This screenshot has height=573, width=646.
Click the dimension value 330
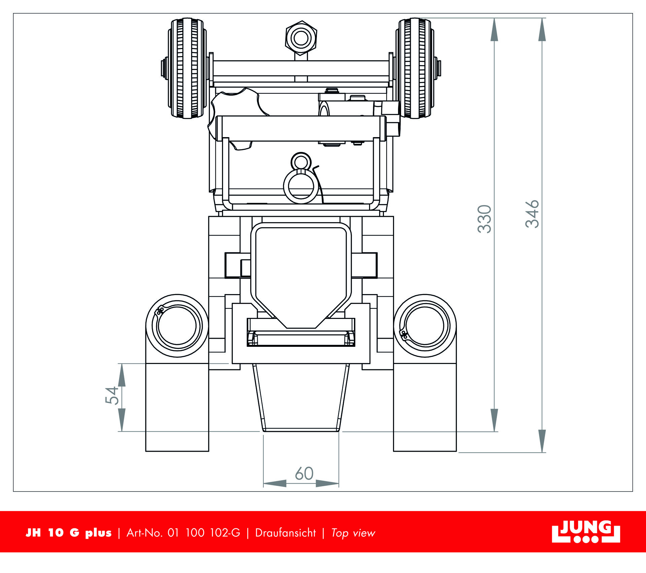pyautogui.click(x=485, y=219)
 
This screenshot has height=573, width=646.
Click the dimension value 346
pyautogui.click(x=532, y=214)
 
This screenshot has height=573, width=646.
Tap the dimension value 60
pyautogui.click(x=304, y=474)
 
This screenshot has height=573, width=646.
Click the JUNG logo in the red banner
pyautogui.click(x=586, y=532)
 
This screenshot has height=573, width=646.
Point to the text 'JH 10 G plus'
pyautogui.click(x=69, y=533)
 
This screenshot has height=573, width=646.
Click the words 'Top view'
pyautogui.click(x=353, y=533)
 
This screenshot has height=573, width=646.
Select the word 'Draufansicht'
pyautogui.click(x=285, y=533)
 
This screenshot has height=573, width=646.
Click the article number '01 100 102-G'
pyautogui.click(x=204, y=533)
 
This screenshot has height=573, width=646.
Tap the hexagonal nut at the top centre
pyautogui.click(x=301, y=38)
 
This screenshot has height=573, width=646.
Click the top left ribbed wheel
pyautogui.click(x=187, y=68)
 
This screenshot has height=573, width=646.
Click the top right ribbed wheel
pyautogui.click(x=415, y=68)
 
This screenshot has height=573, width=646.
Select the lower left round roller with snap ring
pyautogui.click(x=177, y=326)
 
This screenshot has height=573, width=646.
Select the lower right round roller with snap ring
pyautogui.click(x=425, y=326)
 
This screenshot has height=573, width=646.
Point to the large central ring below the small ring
pyautogui.click(x=301, y=187)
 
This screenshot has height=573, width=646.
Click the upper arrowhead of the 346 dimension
pyautogui.click(x=542, y=30)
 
